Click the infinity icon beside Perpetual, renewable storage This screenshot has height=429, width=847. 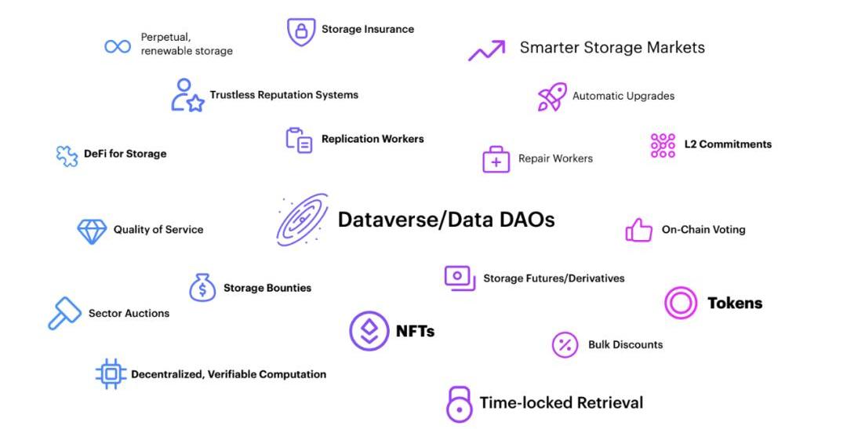coord(118,46)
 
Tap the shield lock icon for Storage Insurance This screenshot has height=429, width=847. coord(301,31)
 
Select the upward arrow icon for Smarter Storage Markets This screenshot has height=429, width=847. coord(487,51)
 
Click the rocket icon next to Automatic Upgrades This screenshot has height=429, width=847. coord(552,96)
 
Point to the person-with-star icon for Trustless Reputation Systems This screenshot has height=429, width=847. coord(187,96)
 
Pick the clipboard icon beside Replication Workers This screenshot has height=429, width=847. coord(299,140)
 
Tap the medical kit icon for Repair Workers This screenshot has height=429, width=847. coord(496,159)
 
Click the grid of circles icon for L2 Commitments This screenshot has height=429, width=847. coord(663,145)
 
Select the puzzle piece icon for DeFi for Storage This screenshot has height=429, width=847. coord(67,155)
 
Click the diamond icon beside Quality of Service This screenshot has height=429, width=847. coord(92,231)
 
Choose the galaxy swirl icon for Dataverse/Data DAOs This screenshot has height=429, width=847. coord(302,220)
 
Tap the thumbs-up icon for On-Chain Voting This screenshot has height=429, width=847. coord(639,230)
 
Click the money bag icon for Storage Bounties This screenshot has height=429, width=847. coord(202,288)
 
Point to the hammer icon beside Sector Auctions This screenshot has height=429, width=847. coord(64,313)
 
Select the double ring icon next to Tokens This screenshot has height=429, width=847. coord(681,303)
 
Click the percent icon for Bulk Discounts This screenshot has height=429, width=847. coord(565,345)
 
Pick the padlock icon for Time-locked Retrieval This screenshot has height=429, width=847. coord(460,404)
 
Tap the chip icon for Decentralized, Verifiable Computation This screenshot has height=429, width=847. coord(111,374)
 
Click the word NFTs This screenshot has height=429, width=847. coord(415,331)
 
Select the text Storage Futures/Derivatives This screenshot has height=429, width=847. coord(554,278)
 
